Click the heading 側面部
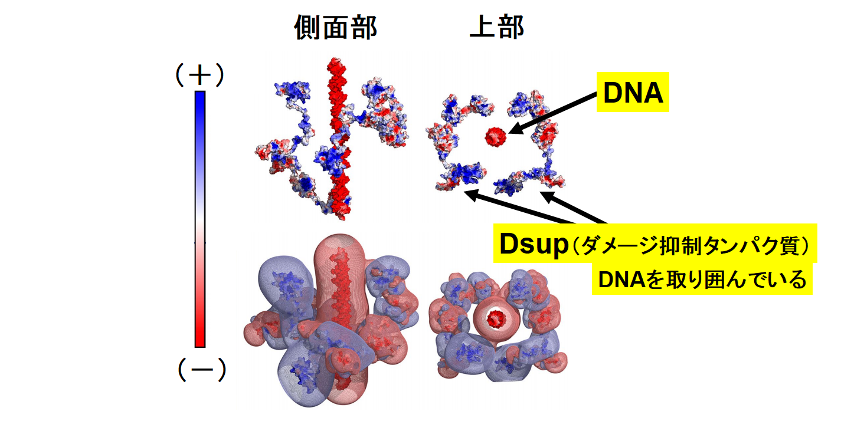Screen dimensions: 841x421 click(335, 28)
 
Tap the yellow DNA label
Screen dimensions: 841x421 click(633, 93)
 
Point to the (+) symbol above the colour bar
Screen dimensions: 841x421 click(199, 75)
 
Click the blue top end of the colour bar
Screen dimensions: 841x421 click(199, 97)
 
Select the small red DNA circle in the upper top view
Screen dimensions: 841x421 click(496, 137)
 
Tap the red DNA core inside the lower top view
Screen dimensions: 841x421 click(496, 319)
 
